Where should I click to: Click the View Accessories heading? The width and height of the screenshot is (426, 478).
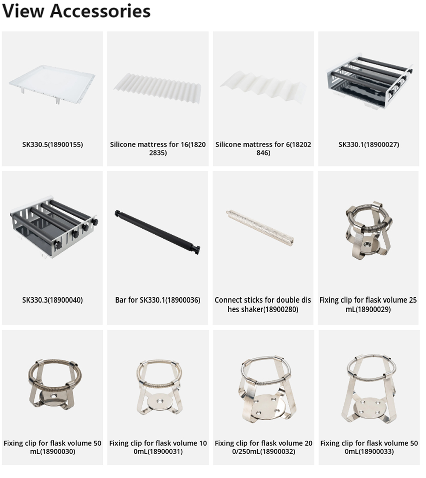[x=77, y=11]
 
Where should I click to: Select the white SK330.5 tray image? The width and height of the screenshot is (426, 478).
[x=52, y=86]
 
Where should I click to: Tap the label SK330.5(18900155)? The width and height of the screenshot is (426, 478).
[x=52, y=144]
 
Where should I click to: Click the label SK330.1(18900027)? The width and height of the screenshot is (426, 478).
[x=369, y=144]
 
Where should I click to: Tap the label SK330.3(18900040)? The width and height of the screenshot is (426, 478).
[x=52, y=300]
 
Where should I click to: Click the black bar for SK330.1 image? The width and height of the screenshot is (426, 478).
[x=158, y=232]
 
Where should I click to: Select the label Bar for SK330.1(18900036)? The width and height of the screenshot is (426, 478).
[x=158, y=300]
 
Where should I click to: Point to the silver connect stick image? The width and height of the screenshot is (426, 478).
[x=260, y=228]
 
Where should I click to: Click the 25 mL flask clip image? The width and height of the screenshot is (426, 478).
[x=368, y=230]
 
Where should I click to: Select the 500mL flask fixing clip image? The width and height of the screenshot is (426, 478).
[x=369, y=388]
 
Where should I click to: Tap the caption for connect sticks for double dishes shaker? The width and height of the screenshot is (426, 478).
[x=263, y=305]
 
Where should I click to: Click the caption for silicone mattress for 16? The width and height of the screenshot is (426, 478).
[x=158, y=148]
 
